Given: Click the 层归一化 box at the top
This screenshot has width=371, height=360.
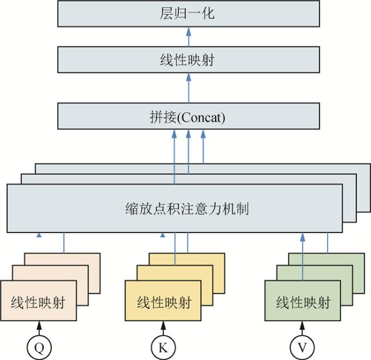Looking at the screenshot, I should (188, 14).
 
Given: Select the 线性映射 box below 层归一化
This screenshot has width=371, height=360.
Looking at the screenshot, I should (188, 60).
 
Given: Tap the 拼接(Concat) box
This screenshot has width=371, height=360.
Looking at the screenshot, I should (188, 118).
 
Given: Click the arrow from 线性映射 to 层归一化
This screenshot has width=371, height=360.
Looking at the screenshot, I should (188, 37).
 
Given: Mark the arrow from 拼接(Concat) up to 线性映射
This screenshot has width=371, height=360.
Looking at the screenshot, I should (188, 89).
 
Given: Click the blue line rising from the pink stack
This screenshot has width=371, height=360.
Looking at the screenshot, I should (64, 243).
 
